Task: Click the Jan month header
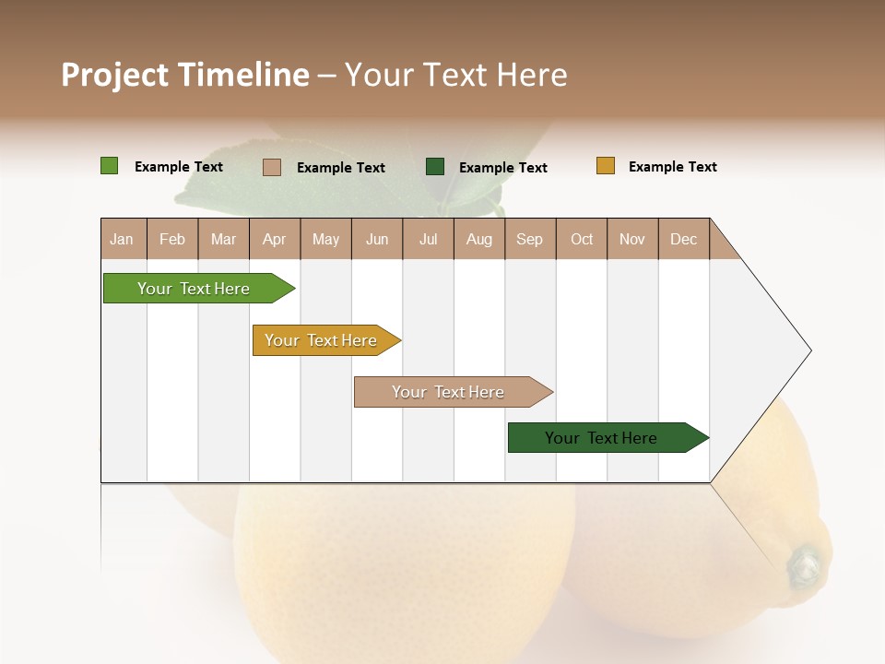pos(123,239)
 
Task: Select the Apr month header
pos(275,239)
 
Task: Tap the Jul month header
pos(428,239)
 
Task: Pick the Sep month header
pos(529,239)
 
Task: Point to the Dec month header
pos(683,239)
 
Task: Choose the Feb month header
pos(172,239)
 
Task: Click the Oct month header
pos(582,239)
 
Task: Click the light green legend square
pos(110,166)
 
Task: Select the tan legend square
pos(272,167)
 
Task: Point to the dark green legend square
pos(435,166)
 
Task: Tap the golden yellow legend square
pos(606,166)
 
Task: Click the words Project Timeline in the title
pos(184,75)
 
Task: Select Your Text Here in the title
pos(455,75)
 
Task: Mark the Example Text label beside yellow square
pos(672,167)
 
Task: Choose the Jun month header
pos(377,239)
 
